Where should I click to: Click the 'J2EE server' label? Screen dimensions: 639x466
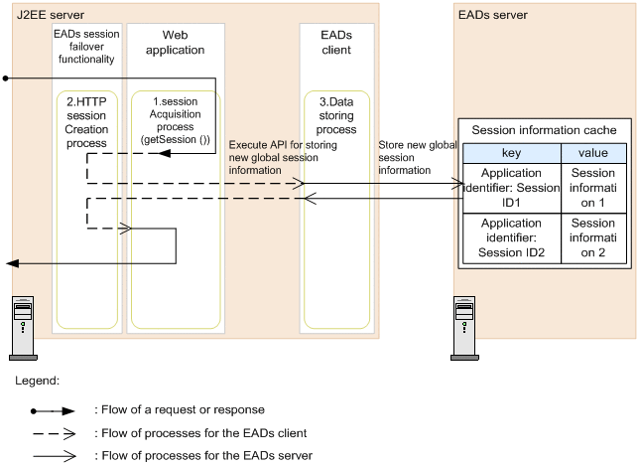click(x=51, y=15)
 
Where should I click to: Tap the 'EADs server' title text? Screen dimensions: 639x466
click(x=493, y=15)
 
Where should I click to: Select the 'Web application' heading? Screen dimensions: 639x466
click(x=176, y=43)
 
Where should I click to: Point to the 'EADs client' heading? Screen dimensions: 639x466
click(x=336, y=43)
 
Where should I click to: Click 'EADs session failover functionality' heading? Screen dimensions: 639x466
click(x=86, y=47)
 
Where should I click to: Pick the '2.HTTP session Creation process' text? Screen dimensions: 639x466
click(x=86, y=122)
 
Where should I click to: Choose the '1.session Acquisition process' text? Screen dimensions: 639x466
click(x=176, y=114)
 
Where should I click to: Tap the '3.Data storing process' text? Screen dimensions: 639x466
click(x=336, y=116)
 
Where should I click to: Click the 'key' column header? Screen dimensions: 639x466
click(x=512, y=153)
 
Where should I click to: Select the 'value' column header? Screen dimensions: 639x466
click(x=593, y=153)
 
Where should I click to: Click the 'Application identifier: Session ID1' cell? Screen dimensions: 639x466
click(x=512, y=188)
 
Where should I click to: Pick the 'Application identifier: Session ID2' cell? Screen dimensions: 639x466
click(x=512, y=237)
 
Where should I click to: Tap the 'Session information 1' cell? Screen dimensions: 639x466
click(x=593, y=188)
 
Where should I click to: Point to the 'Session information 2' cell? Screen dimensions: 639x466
click(x=593, y=237)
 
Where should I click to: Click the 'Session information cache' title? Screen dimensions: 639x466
click(x=544, y=130)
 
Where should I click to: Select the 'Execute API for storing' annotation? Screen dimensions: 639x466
click(x=283, y=145)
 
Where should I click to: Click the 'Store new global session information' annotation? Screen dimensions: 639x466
click(x=418, y=158)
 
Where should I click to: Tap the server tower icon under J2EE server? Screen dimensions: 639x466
click(x=23, y=329)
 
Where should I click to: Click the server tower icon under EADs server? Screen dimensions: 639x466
click(x=464, y=329)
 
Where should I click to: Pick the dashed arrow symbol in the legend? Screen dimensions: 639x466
click(x=55, y=433)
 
